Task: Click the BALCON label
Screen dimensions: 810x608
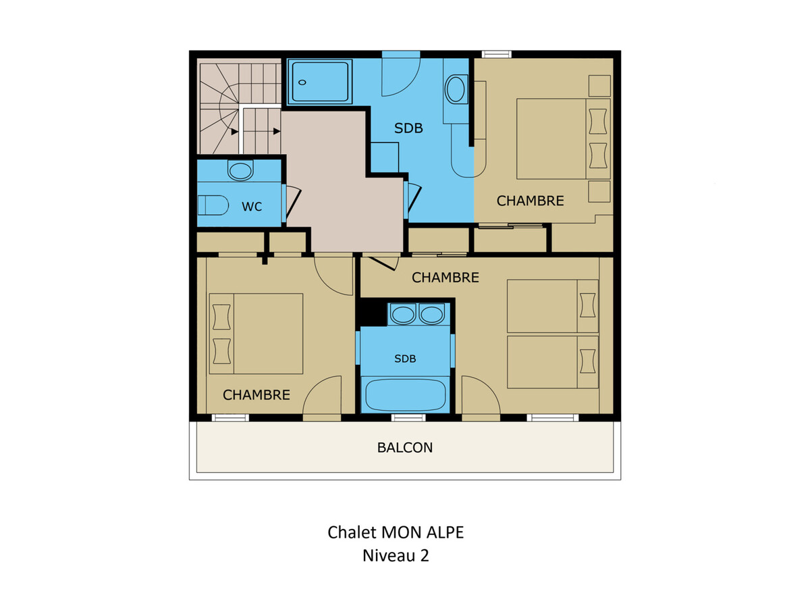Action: (x=404, y=447)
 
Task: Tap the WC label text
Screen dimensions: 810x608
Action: (x=252, y=206)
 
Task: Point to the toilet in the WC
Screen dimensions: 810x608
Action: (x=213, y=205)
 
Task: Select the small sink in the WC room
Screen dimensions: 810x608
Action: (x=240, y=170)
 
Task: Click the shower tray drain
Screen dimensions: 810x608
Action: (x=302, y=82)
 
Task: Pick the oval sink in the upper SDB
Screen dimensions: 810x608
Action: (x=456, y=89)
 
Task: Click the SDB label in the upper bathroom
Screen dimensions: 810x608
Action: (x=408, y=128)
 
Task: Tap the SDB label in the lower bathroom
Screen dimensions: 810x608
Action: (x=405, y=359)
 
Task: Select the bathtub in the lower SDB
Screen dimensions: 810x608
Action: (x=405, y=395)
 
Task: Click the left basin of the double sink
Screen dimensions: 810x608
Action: (x=403, y=315)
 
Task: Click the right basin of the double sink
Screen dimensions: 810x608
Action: (x=431, y=315)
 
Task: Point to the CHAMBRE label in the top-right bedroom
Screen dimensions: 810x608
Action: (x=530, y=201)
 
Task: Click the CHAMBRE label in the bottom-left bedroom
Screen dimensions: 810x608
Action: (x=256, y=395)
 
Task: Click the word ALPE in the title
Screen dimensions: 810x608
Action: (x=445, y=532)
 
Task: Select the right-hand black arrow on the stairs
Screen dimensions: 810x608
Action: (x=276, y=131)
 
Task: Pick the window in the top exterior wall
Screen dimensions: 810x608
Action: (x=496, y=55)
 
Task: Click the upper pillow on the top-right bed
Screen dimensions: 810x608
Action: (x=598, y=122)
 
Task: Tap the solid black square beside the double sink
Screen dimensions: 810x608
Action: (x=373, y=313)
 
